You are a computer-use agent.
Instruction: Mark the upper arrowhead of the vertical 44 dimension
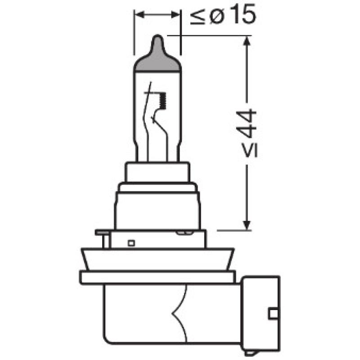tap(246, 43)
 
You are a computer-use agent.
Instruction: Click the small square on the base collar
tap(131, 243)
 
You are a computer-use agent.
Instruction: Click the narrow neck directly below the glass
tap(157, 172)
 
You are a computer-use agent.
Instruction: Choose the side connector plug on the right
tap(261, 312)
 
